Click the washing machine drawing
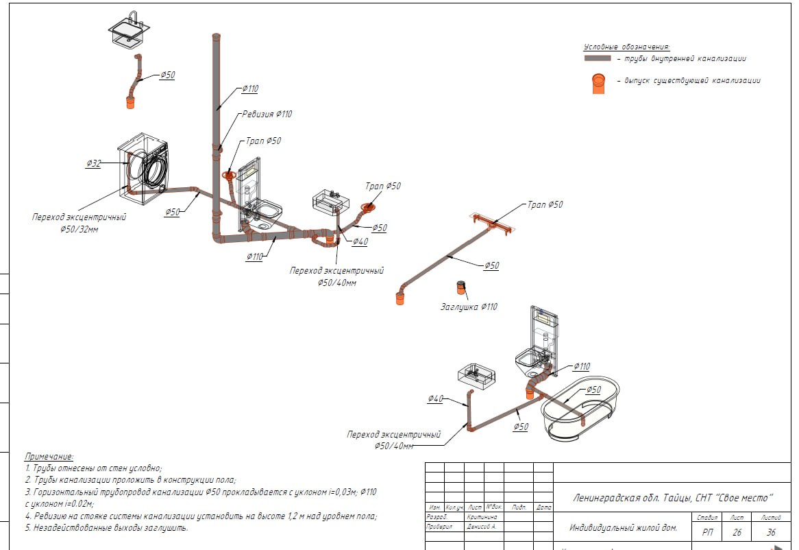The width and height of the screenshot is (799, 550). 145,167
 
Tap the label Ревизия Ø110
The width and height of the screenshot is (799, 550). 267,114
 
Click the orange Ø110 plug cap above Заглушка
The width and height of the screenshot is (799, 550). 462,287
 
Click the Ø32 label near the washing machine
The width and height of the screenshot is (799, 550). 94,163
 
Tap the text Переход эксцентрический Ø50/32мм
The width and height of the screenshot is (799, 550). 79,223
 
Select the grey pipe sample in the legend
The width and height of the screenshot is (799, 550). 598,59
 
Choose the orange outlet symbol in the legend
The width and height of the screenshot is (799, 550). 598,83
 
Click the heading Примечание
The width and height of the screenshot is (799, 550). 49,456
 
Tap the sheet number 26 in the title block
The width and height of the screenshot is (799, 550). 737,531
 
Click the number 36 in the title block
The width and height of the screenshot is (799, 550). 771,531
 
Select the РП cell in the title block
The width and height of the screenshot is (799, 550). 706,531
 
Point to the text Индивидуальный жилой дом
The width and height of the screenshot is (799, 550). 623,528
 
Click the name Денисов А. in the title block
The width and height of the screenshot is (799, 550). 482,527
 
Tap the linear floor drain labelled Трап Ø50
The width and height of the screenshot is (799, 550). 492,222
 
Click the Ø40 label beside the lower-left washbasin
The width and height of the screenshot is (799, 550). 436,398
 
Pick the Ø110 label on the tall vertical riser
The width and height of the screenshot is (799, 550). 250,88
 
